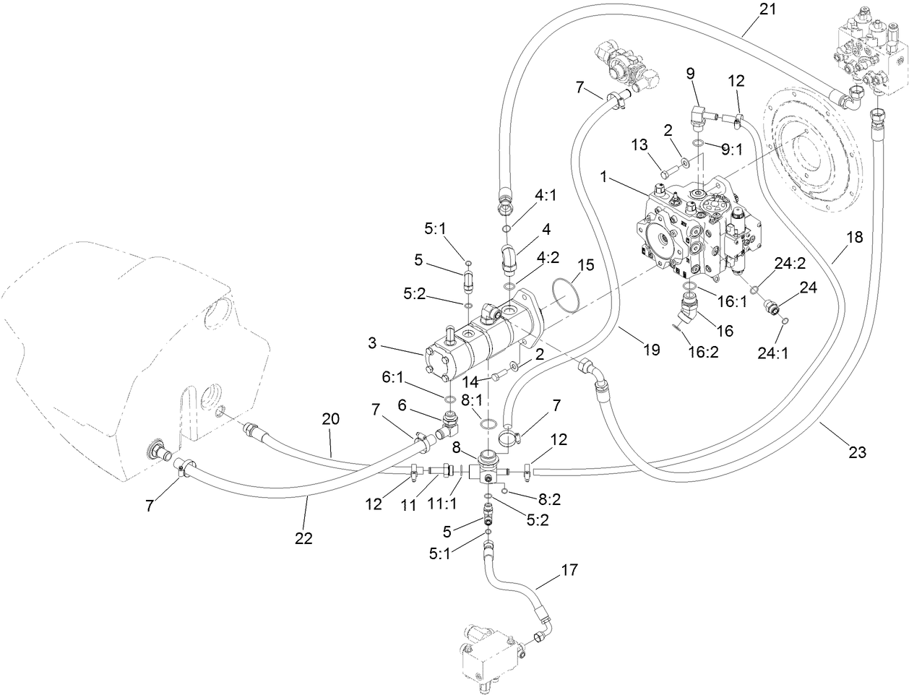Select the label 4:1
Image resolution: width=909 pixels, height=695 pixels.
pos(546,194)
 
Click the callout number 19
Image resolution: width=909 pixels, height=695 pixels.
pos(651,350)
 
